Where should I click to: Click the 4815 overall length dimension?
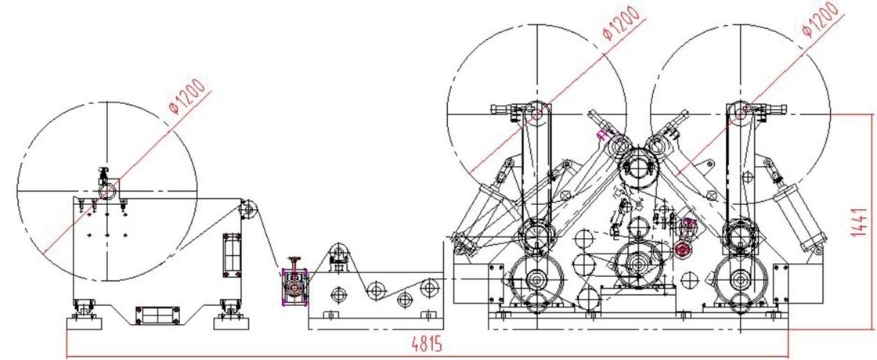point(426,344)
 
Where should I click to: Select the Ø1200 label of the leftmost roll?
point(187,97)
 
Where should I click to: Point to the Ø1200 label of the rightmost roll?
point(821,19)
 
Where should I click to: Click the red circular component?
point(681,250)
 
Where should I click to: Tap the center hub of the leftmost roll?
point(106,191)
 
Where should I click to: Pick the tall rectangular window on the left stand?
point(232,254)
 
